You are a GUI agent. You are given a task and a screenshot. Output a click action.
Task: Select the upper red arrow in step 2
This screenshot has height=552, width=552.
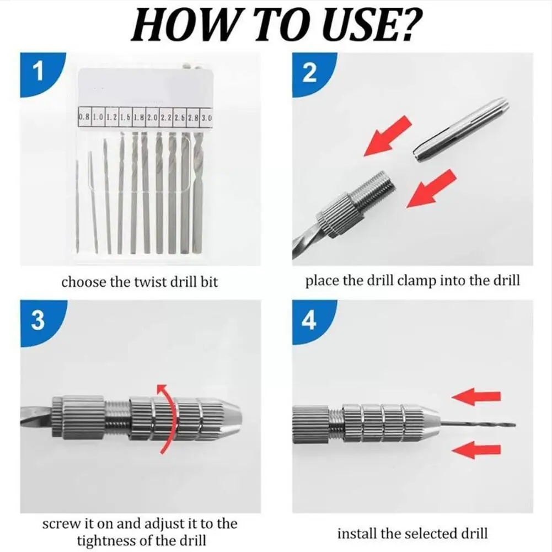click(x=387, y=136)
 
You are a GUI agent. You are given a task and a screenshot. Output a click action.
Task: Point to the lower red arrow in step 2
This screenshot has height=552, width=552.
click(x=432, y=189)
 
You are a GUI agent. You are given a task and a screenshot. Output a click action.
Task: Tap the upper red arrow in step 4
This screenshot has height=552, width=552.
click(x=476, y=396)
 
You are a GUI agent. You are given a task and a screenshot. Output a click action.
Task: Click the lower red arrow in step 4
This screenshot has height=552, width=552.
click(x=476, y=451)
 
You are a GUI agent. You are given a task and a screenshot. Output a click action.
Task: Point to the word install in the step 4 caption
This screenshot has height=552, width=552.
click(x=357, y=533)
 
